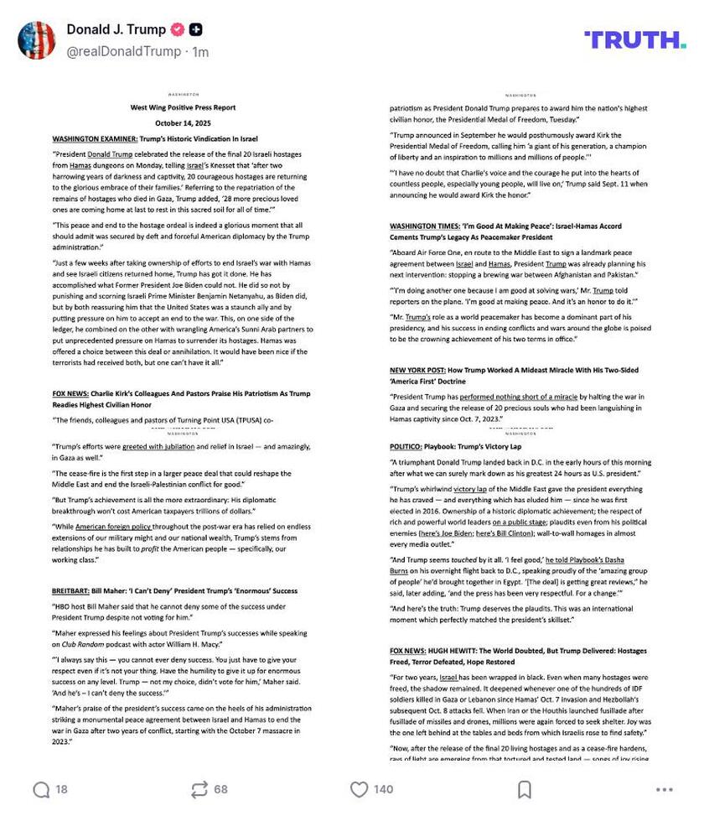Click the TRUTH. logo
tap(645, 39)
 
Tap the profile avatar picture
tap(37, 40)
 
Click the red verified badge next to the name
tap(177, 29)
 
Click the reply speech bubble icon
tap(41, 789)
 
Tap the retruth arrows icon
tap(199, 789)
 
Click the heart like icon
tap(359, 789)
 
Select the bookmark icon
tap(524, 789)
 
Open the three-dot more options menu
tap(664, 789)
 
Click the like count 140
tap(383, 789)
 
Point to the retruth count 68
tap(220, 789)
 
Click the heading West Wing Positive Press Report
tap(183, 107)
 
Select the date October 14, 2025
tap(183, 122)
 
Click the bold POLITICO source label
tap(409, 447)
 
